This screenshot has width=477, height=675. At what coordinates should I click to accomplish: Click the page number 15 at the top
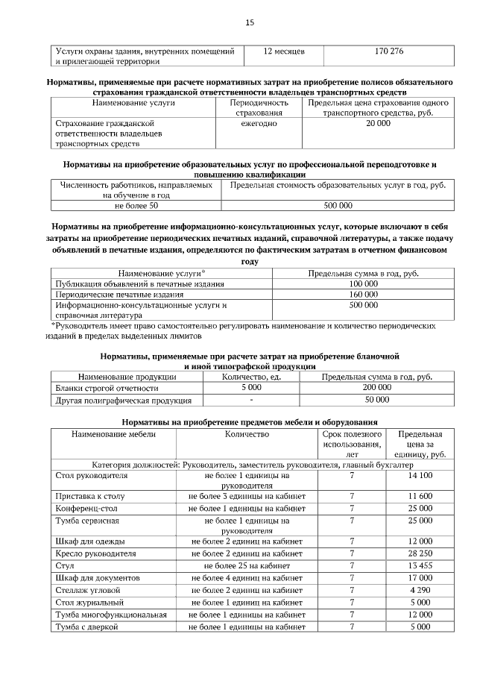(x=250, y=23)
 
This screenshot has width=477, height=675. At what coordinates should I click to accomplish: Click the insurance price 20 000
(x=378, y=123)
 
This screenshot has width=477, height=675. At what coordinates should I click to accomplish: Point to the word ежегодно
(x=259, y=123)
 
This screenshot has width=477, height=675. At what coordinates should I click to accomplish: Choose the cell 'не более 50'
(x=136, y=205)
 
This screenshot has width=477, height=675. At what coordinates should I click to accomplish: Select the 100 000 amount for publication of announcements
(x=364, y=284)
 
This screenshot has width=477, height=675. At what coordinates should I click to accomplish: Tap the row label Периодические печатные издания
(x=111, y=295)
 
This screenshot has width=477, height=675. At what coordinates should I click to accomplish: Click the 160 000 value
(x=364, y=295)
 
